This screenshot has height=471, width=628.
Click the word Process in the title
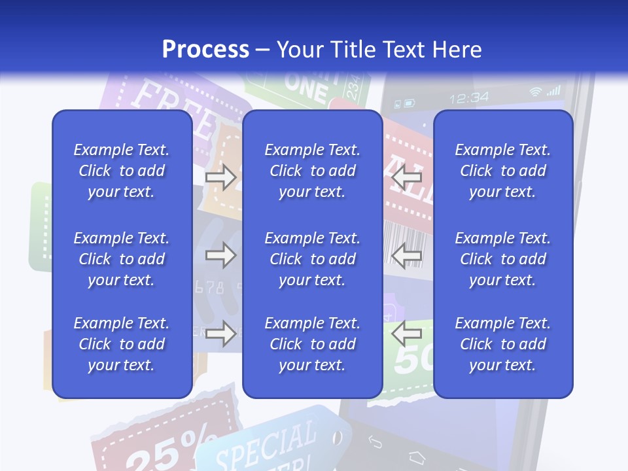click(205, 50)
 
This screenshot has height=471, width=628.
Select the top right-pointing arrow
click(220, 177)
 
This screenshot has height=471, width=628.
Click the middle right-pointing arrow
click(220, 255)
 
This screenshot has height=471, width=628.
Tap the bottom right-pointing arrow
click(220, 334)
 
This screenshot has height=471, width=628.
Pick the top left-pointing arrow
click(406, 177)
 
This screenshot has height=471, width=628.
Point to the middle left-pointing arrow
click(406, 255)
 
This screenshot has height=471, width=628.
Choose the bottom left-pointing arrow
click(406, 334)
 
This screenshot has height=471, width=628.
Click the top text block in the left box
click(122, 171)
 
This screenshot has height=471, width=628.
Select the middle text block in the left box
click(122, 259)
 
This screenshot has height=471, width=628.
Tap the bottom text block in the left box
click(122, 344)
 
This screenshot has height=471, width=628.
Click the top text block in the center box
click(312, 171)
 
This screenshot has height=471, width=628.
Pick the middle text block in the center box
click(312, 259)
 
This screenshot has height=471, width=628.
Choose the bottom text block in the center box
click(312, 344)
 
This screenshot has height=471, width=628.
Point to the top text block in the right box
click(503, 171)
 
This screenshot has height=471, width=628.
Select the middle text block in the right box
click(503, 259)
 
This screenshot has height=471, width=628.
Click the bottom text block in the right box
click(503, 344)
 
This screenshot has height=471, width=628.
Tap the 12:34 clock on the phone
click(469, 97)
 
